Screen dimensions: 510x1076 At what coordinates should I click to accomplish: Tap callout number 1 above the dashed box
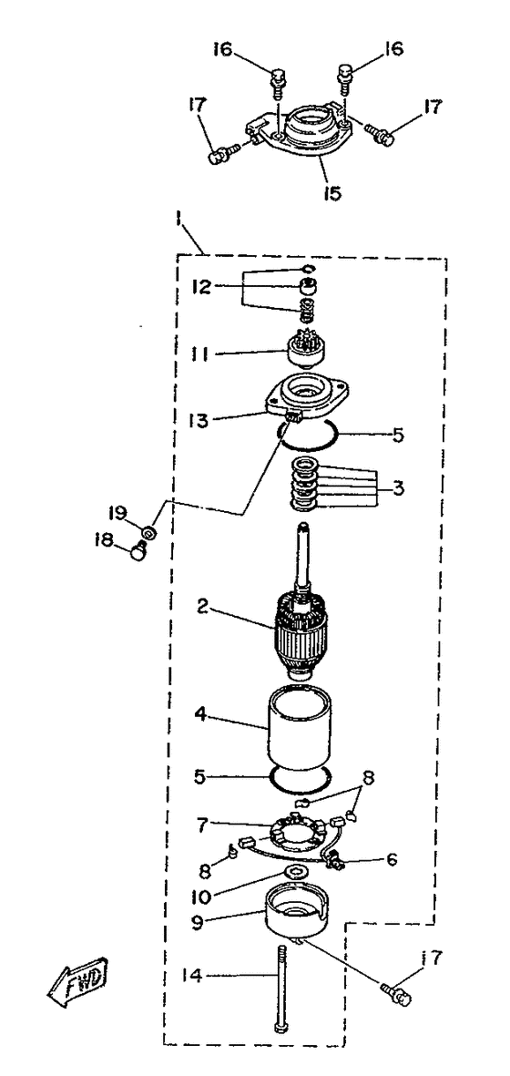(178, 221)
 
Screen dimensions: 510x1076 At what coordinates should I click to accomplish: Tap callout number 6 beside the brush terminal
(393, 859)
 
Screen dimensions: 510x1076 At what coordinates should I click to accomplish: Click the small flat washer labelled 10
(295, 873)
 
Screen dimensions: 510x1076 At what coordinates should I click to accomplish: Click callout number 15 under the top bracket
(333, 192)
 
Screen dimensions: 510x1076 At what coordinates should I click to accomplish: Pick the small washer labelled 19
(148, 532)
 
